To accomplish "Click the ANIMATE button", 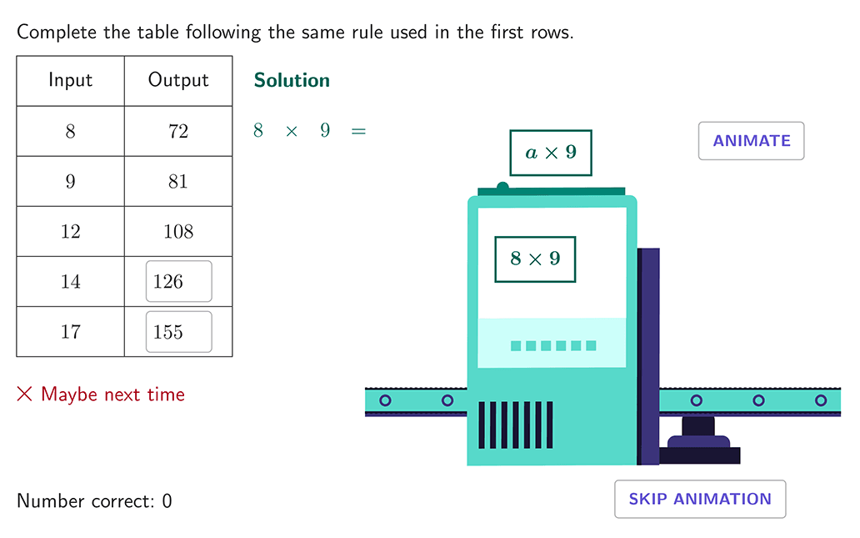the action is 751,141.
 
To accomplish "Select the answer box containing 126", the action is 179,281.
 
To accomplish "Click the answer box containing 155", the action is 179,332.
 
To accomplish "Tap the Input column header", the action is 70,80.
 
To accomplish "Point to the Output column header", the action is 178,80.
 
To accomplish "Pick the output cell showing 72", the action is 178,131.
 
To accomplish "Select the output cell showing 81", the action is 178,181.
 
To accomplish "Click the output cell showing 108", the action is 178,231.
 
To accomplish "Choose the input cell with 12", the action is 70,231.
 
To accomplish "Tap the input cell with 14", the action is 70,282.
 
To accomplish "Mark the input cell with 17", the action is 70,332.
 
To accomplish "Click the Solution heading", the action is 292,80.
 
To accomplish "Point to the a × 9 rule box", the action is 551,153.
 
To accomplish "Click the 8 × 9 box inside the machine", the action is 535,259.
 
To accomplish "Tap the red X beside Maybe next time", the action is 25,394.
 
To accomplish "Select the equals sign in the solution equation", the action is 358,131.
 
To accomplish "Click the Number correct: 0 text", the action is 94,500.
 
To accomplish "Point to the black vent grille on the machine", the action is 516,425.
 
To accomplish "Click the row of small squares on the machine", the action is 553,345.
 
